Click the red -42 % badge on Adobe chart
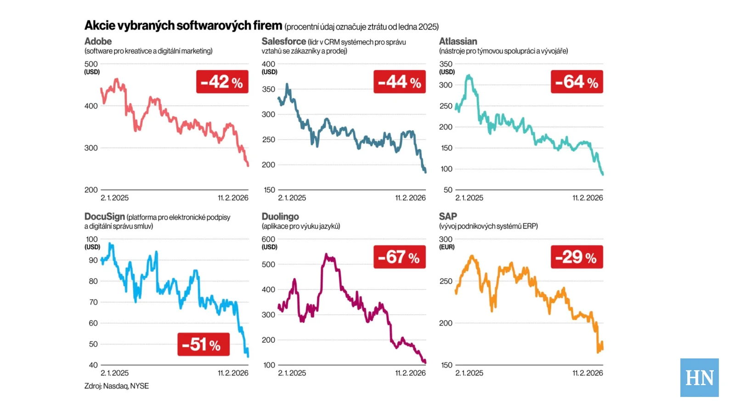pos(222,82)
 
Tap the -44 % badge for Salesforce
pos(399,82)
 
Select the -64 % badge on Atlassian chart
pos(577,82)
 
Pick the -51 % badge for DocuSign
pos(204,344)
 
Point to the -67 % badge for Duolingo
pos(399,257)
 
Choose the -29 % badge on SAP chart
pos(577,257)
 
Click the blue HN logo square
pos(699,377)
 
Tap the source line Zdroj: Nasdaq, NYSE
pos(116,386)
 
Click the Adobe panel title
pos(98,41)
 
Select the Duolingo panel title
pos(280,216)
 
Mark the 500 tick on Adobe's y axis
pos(91,64)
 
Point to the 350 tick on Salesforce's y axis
pos(268,89)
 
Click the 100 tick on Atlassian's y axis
pos(446,169)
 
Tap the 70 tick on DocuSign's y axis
pos(93,302)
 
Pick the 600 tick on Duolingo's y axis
pos(268,239)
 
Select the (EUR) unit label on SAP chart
pos(447,247)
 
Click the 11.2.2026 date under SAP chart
pos(588,373)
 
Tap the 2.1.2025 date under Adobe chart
pos(114,198)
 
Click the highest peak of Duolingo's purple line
pos(326,254)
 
